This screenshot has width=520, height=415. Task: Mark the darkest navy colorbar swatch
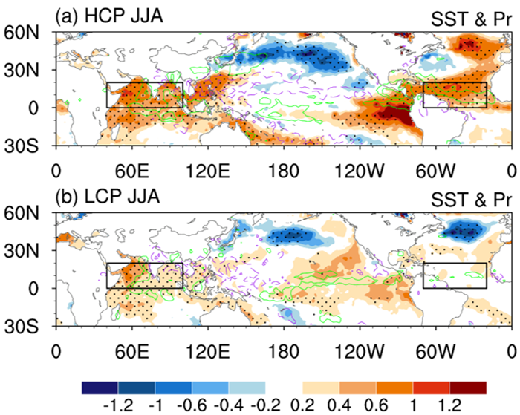(x=100, y=388)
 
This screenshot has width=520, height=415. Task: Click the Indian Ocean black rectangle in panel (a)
(x=144, y=95)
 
